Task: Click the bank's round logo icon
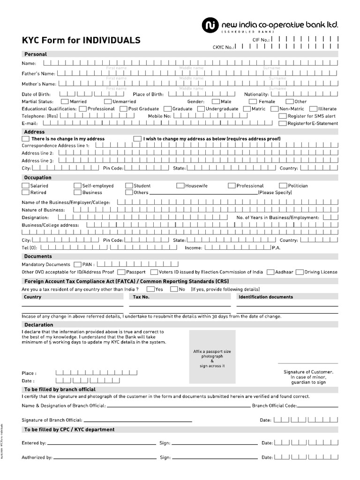point(209,25)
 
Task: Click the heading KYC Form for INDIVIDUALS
point(81,40)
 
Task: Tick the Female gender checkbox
point(253,101)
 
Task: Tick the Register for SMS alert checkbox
point(283,116)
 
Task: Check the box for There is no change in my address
point(25,139)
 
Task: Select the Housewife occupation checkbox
point(180,186)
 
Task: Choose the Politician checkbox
point(284,186)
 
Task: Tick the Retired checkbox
point(25,192)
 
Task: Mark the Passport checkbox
point(121,272)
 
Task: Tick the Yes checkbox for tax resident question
point(150,289)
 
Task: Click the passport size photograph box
point(212,356)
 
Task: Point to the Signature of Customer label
point(308,372)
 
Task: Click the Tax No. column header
point(141,297)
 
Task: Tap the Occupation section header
point(37,178)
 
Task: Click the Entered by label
point(34,442)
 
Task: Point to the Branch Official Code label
point(274,406)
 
